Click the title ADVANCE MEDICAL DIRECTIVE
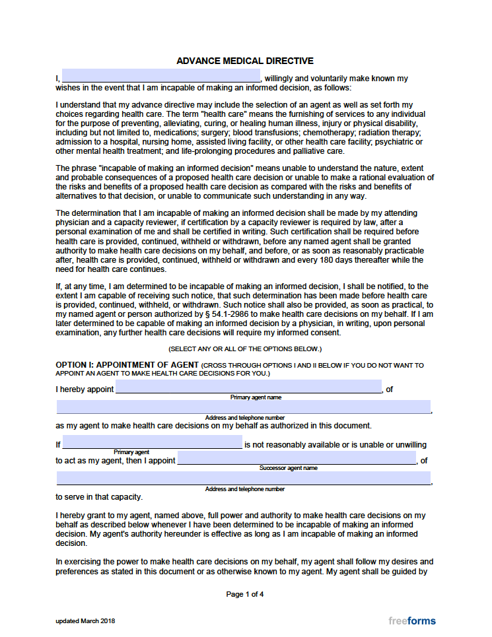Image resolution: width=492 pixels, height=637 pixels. pos(244,61)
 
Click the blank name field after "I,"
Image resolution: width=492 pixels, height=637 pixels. pos(161,76)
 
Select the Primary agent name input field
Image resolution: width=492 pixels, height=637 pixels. pos(248,387)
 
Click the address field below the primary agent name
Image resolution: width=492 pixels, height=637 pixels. pos(243,407)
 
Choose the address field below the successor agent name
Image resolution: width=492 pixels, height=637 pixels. pos(243,478)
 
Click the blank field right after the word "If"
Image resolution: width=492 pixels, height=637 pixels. pos(153,442)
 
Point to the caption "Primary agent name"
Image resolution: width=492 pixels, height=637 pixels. pos(256,397)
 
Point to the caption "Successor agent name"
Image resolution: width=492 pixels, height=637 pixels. pos(288,468)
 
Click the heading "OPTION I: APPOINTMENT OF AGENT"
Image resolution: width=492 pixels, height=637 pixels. pos(127,365)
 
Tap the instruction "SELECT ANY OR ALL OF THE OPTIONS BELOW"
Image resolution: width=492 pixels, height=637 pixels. pos(245,349)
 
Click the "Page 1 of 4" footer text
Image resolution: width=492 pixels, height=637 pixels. pos(245,594)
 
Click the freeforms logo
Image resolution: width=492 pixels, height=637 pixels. pos(412,620)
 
